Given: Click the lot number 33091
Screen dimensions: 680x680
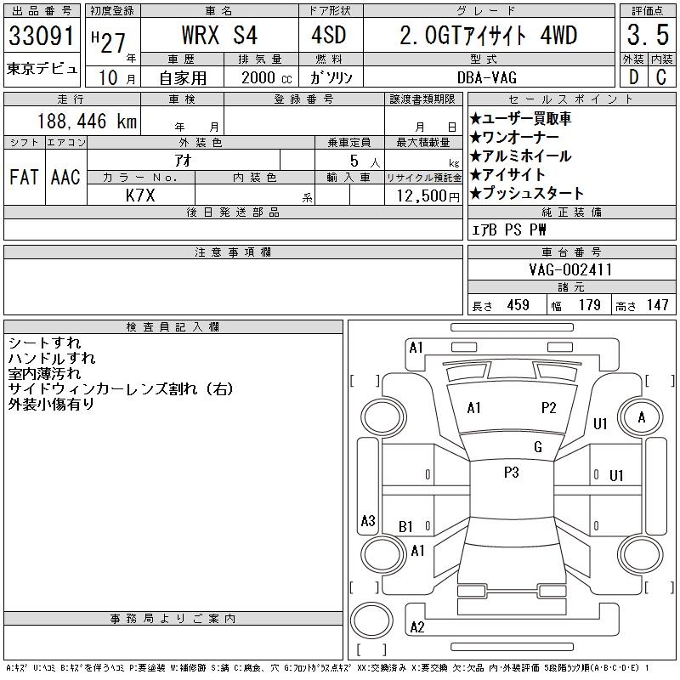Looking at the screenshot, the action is [42, 35].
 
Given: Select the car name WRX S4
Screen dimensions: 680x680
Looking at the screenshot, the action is [219, 35].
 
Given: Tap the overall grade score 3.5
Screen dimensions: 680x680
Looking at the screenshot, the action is [648, 35].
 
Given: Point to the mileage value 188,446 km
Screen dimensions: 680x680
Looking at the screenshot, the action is [87, 121].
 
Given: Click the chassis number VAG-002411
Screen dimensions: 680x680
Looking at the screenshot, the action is [570, 269].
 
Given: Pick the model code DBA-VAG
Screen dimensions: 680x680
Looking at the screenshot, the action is [487, 77].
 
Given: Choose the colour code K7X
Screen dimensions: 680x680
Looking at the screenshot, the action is [140, 195].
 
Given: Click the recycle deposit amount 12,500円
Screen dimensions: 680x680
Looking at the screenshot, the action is [428, 195].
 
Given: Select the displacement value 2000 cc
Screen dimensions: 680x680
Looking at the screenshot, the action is [266, 77].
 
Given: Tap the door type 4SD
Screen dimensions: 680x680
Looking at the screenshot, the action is [329, 35].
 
